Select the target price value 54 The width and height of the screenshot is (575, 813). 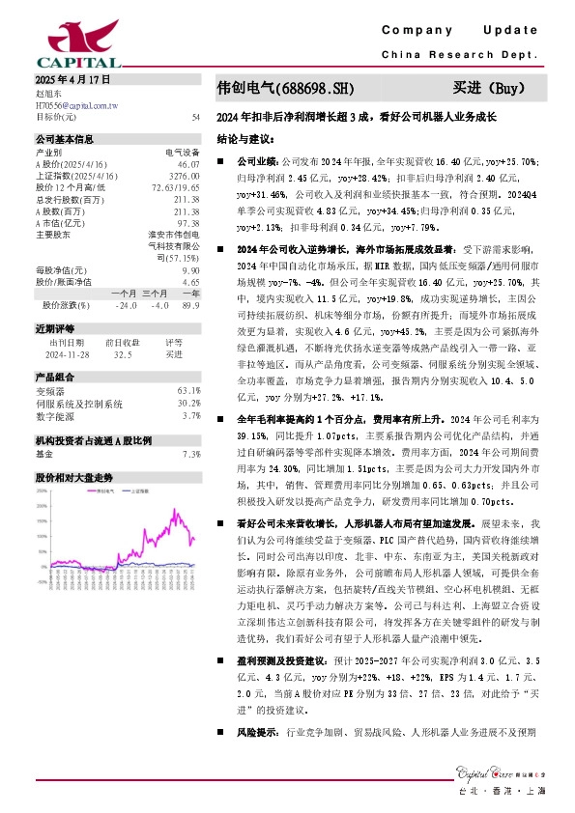click(196, 117)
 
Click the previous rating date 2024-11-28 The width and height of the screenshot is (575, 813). click(68, 353)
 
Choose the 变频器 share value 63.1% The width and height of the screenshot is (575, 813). click(188, 390)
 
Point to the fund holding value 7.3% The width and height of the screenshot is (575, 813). click(190, 453)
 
